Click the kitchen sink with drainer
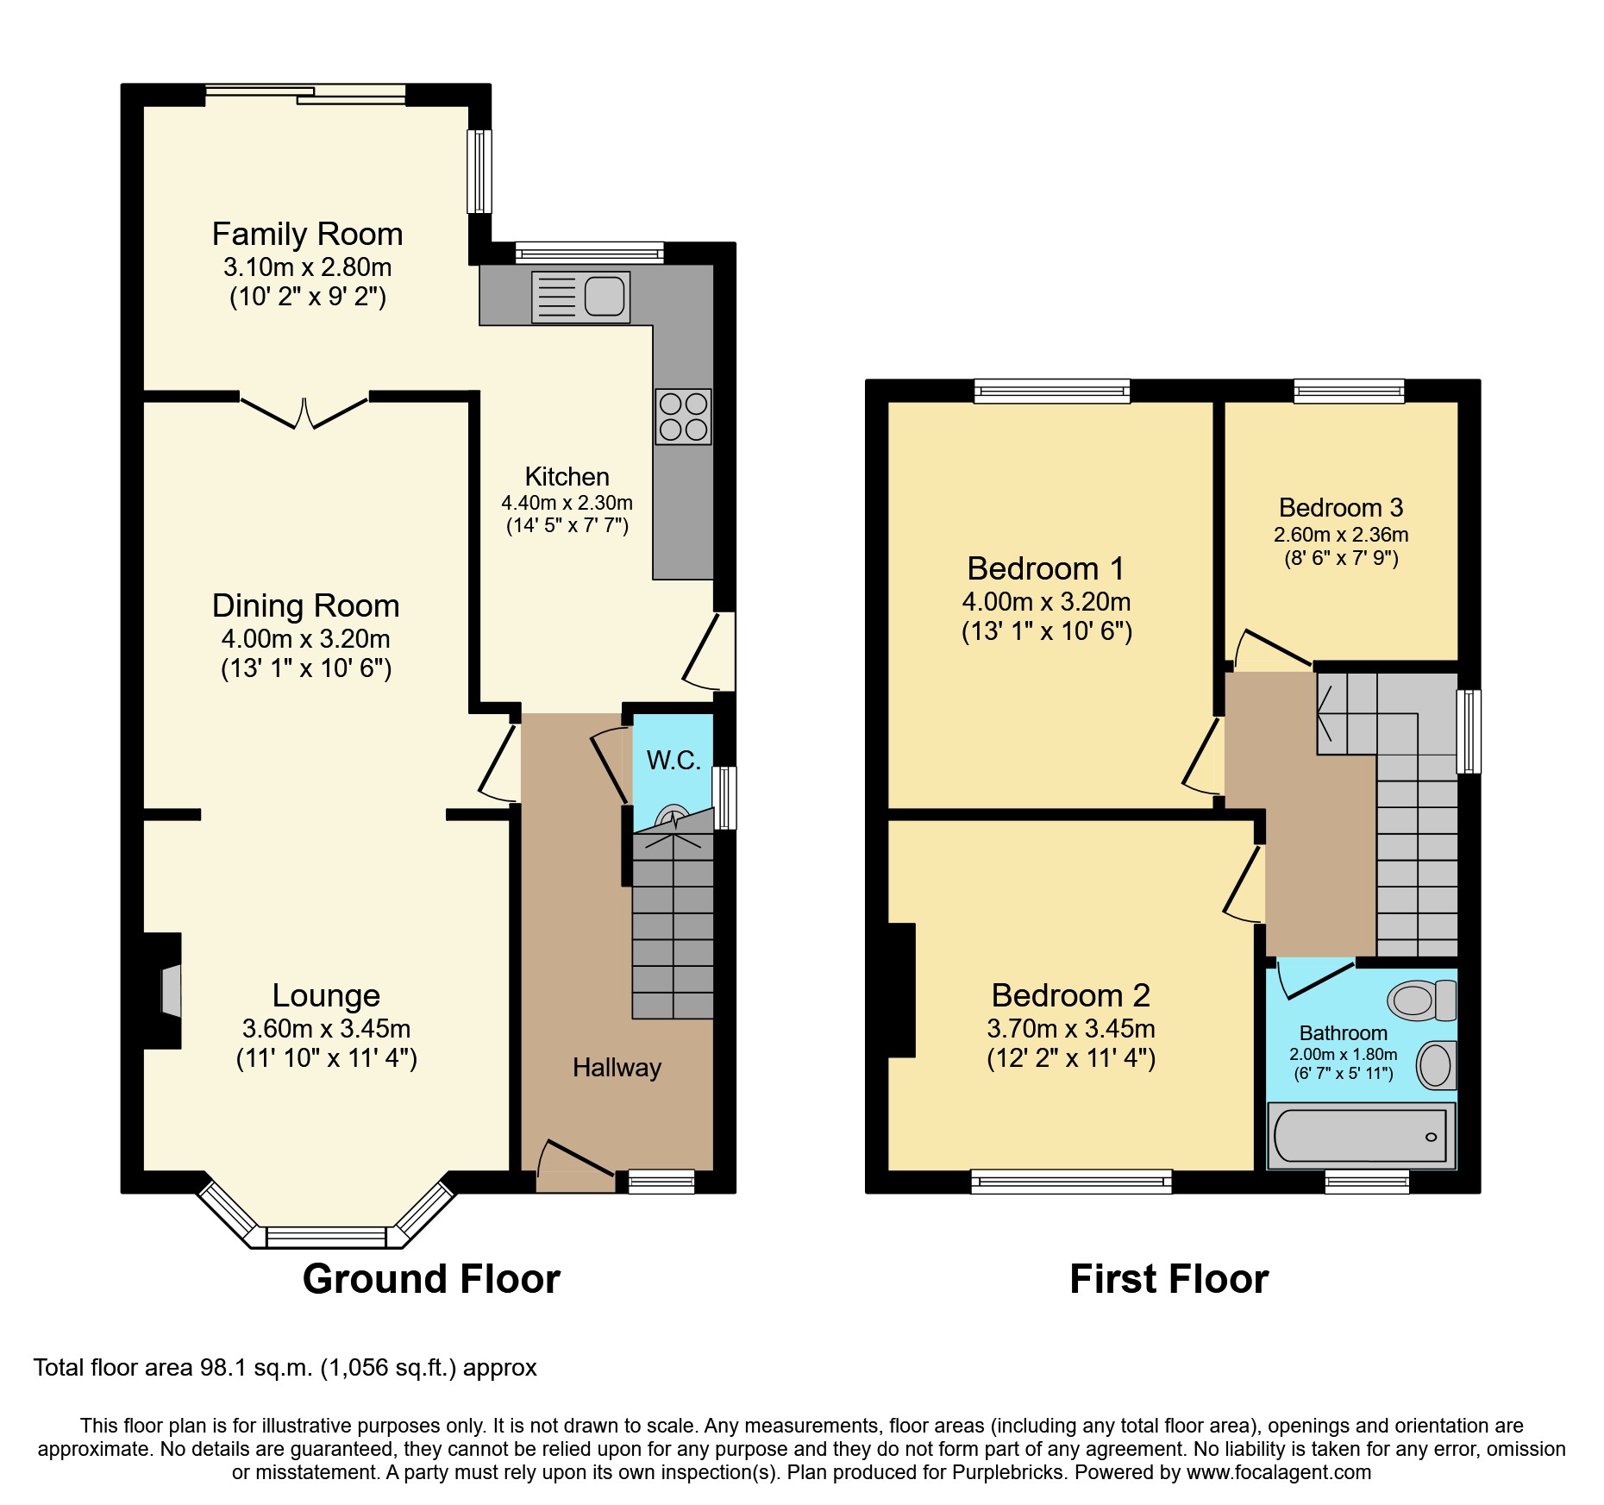pos(580,297)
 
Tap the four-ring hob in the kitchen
pos(683,417)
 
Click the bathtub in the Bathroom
pos(1360,1136)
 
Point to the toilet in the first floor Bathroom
pos(1421,1000)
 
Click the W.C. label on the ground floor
pos(674,760)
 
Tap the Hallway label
pos(617,1068)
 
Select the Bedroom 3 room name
pos(1340,507)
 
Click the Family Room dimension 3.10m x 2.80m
pos(308,267)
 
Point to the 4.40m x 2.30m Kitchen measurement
pos(567,502)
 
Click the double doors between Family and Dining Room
pos(304,413)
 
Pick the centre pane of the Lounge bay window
pos(326,1237)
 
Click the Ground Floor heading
pos(431,1278)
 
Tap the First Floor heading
pos(1169,1278)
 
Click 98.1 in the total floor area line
pos(220,1368)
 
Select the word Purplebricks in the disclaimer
pos(1008,1472)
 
